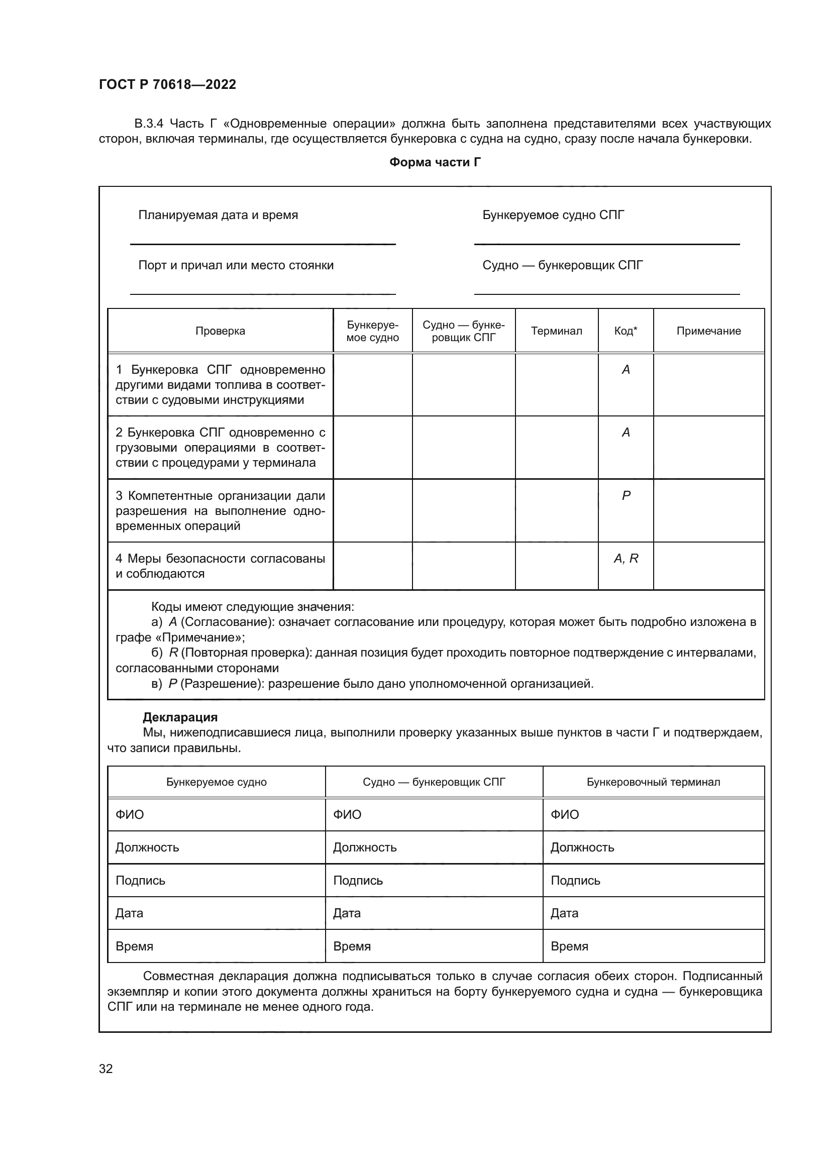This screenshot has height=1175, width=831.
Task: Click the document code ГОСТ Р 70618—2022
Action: tap(167, 84)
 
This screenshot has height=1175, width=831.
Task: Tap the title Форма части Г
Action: tap(435, 162)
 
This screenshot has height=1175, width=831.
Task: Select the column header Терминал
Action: tap(556, 331)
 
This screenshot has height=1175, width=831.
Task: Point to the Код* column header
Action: tap(626, 331)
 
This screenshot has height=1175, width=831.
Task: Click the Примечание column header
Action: tap(708, 331)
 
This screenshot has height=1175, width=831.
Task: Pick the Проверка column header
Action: tap(220, 331)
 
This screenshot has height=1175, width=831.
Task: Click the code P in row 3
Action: tap(626, 495)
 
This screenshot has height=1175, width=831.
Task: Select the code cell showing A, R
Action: tap(626, 558)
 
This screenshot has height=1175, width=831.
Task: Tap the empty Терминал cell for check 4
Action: tap(556, 566)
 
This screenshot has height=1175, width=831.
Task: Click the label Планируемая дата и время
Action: tap(218, 215)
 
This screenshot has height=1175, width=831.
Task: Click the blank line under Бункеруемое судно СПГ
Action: tap(606, 244)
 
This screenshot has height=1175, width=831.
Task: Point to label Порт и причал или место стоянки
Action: tap(236, 265)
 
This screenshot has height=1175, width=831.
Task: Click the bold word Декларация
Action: tap(180, 717)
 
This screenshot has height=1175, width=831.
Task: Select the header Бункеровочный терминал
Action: tap(653, 782)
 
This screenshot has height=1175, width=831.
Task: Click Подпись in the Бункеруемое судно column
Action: tap(140, 880)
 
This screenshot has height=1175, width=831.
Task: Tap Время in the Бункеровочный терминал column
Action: tap(569, 946)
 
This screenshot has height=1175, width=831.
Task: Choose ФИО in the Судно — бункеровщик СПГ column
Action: tap(347, 814)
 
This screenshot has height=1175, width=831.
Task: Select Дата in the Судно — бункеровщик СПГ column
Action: tap(347, 913)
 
